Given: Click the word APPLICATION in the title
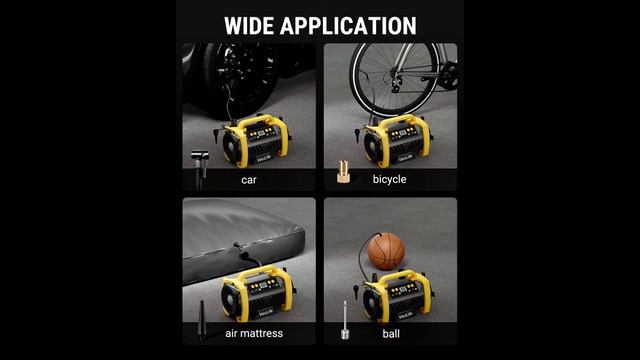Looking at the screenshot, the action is coord(348,26).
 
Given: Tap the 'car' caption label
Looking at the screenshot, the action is coord(249,180).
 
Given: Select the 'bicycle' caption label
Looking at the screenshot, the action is coord(389,179).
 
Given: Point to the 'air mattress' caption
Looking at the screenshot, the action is coord(254,333).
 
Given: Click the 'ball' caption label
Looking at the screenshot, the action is coord(391,333).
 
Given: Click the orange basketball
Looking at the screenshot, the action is coord(386,251).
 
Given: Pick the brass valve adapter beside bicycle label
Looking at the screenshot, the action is coord(343,171).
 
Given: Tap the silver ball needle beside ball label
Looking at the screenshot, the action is coord(345,320).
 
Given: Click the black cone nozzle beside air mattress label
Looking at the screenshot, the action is coord(202,321).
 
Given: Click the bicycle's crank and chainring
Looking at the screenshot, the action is coord(448,76).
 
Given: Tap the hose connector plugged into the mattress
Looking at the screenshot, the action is coord(242,252).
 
